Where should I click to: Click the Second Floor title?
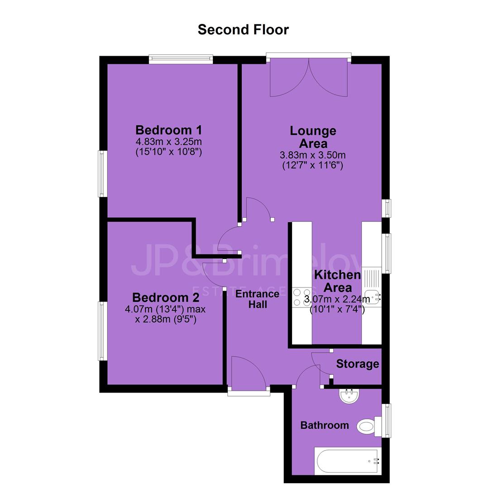[243, 29]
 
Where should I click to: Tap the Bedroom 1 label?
[169, 130]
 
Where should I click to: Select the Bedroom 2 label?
[166, 297]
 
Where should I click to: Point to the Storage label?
[357, 364]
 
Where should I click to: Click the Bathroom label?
[324, 425]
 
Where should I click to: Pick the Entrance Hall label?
[257, 299]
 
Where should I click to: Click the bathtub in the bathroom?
[347, 461]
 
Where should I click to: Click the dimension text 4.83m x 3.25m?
[169, 142]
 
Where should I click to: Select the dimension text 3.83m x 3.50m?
[313, 155]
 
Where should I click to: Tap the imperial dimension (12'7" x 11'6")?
[313, 165]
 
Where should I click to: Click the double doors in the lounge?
[309, 78]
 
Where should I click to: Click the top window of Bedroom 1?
[181, 59]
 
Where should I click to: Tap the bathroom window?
[386, 421]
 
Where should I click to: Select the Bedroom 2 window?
[103, 331]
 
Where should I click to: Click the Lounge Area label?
[313, 137]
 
